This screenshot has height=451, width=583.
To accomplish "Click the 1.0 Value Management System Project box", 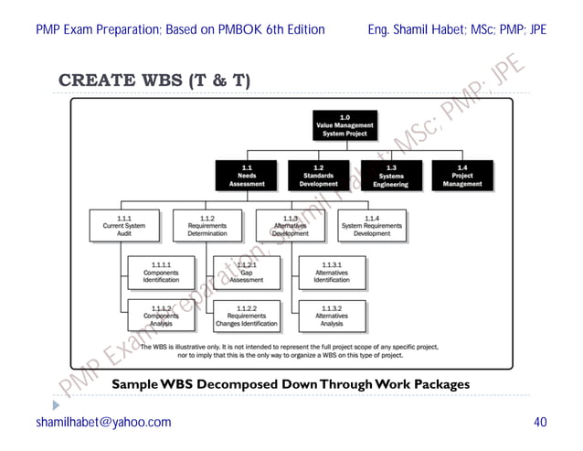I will point(344,126).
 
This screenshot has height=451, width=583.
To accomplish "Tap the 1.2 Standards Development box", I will point(318,176).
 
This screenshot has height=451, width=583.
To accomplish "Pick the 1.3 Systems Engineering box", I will point(390,176).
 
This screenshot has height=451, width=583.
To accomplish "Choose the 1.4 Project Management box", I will point(462,176).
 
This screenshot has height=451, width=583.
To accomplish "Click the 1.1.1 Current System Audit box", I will point(124,226).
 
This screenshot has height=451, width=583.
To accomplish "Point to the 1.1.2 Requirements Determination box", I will point(207,226).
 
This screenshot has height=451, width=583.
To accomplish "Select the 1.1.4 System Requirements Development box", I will point(371,226).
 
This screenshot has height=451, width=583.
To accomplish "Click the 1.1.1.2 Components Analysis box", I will point(160,316).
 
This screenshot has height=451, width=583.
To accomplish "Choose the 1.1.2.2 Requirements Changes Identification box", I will point(246,316).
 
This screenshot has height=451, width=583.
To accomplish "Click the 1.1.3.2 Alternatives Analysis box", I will point(332,316).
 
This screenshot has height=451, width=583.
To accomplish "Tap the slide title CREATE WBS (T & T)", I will point(154,81).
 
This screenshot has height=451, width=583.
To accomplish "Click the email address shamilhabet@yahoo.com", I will point(103,422).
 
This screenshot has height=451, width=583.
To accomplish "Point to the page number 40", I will point(539,422).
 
